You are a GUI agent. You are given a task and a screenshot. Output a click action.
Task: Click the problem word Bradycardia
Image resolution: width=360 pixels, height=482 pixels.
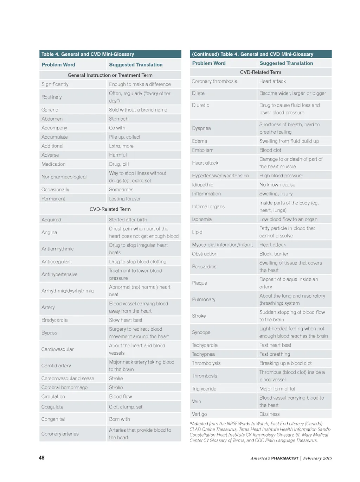[54, 320]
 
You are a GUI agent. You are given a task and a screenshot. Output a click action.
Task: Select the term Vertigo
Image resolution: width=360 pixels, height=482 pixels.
[199, 414]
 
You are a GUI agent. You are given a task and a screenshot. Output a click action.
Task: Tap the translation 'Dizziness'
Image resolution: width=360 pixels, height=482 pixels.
[269, 414]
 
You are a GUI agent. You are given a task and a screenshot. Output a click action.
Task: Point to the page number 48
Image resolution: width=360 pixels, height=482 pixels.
[41, 458]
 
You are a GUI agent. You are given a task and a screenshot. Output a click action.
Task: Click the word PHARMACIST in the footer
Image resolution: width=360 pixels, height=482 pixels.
[284, 458]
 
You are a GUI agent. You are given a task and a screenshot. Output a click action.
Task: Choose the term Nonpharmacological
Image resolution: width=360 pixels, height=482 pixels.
[64, 177]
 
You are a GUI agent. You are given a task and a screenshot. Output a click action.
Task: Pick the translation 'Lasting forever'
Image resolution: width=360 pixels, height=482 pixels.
[125, 199]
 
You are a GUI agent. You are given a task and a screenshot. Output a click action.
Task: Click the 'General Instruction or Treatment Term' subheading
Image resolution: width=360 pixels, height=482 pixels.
[110, 75]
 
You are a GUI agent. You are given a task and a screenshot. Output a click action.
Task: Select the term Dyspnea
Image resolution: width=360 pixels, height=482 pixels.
[201, 128]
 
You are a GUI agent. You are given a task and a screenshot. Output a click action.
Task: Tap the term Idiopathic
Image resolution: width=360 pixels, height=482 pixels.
[202, 185]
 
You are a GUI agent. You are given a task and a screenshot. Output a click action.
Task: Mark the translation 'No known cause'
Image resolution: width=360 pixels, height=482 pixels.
[277, 185]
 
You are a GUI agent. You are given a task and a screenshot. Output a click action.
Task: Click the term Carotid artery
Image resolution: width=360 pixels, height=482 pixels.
[56, 366]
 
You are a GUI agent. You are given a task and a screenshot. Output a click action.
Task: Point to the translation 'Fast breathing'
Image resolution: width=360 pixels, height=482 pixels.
[275, 354]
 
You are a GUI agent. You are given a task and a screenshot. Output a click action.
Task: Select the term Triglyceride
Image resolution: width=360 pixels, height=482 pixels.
[204, 389]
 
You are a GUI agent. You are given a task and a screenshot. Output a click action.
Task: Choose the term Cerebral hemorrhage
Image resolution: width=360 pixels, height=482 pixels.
[64, 387]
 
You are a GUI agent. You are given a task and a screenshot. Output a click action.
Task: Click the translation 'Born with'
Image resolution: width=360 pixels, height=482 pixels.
[120, 419]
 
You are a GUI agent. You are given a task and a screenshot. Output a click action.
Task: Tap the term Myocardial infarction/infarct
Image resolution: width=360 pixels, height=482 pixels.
[222, 245]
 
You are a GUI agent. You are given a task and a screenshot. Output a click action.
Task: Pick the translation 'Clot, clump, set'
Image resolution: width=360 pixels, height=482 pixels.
[126, 407]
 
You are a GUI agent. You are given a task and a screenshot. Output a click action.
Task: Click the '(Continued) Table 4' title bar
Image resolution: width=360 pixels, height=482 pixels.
[261, 54]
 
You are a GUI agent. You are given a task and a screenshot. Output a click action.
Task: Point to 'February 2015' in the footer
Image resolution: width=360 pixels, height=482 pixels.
[317, 458]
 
